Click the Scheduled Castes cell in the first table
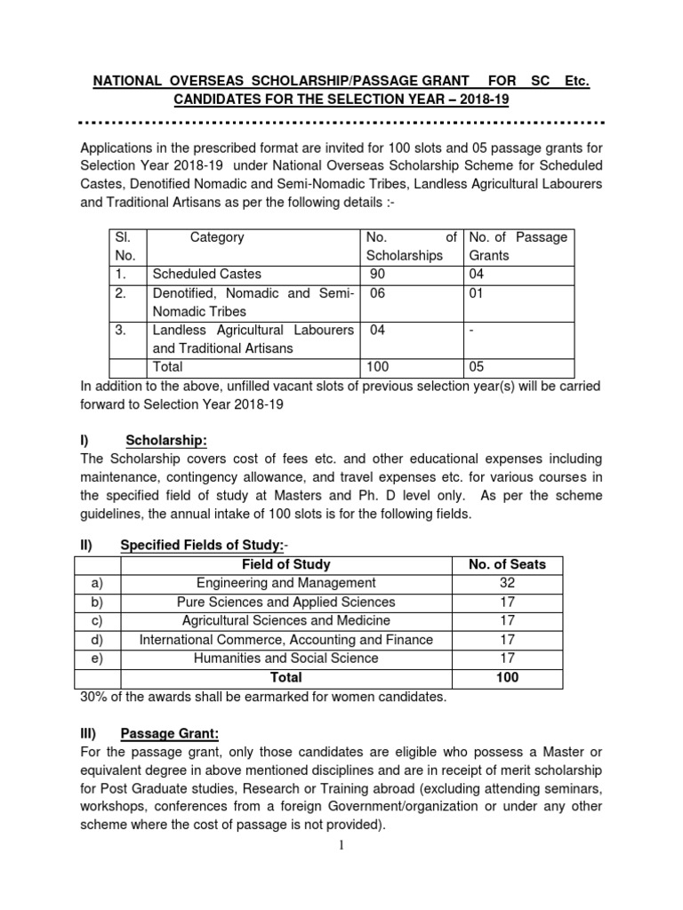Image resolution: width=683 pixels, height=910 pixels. click(207, 275)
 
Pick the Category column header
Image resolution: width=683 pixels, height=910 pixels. click(217, 237)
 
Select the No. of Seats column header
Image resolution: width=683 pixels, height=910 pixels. click(507, 564)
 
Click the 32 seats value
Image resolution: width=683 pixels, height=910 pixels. click(507, 583)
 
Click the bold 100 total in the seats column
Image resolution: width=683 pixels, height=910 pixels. click(507, 677)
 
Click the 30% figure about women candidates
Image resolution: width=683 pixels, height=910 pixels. click(96, 697)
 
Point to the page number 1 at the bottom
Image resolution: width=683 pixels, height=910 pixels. click(341, 845)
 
